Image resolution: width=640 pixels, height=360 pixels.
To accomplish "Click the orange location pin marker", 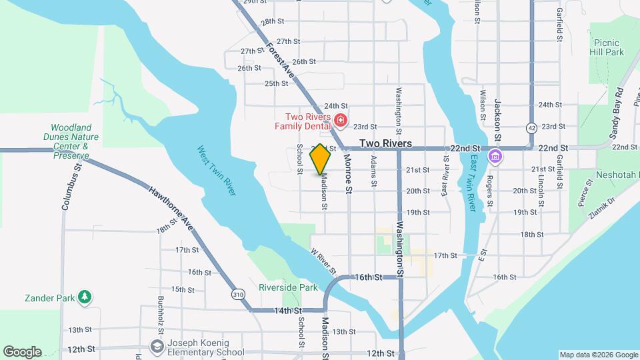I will tap(321, 159).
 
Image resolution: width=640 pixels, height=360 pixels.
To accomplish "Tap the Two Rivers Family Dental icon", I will tap(341, 121).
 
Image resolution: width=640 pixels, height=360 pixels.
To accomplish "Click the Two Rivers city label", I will tap(385, 143).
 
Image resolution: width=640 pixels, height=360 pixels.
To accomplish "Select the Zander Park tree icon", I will tap(85, 297).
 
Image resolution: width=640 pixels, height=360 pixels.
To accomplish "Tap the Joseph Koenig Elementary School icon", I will tap(157, 347).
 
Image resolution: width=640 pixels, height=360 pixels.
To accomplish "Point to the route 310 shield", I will tap(239, 294).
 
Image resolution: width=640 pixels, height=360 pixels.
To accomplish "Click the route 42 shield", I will tap(531, 127).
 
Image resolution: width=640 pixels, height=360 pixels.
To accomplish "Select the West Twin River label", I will tap(217, 171).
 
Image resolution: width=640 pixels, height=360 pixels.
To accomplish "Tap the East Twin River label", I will tap(472, 183).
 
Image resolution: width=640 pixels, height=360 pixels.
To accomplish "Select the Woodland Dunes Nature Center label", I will tap(74, 141).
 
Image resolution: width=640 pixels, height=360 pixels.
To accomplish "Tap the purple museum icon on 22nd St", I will tap(495, 157).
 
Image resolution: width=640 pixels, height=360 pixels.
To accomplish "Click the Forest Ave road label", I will tap(280, 58).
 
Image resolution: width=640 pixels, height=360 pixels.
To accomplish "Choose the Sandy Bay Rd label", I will tap(617, 113).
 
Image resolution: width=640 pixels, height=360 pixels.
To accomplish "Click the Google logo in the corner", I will tap(22, 352).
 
